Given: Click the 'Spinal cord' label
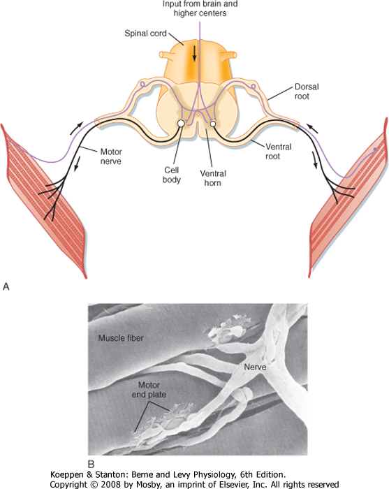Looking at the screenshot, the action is coord(145,33).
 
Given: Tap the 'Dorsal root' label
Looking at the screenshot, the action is coord(307,91).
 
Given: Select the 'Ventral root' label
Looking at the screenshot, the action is coord(278,152).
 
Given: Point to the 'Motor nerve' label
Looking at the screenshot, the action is coord(110,156).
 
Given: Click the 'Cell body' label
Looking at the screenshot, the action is coord(171,175).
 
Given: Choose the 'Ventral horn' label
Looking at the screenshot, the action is coord(213,177).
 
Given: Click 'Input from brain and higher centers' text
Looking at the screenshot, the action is coord(200,8).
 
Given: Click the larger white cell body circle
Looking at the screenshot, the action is coord(180,124).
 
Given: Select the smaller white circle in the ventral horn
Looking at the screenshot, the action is coord(213,124).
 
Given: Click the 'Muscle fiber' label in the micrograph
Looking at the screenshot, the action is coord(121,337).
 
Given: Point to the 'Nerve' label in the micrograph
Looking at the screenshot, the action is coord(255,367).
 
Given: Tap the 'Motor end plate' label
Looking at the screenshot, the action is coord(149,390).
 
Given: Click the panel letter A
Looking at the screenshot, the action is coord(6,286).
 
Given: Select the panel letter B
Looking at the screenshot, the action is coord(91,465).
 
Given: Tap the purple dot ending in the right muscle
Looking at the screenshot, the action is coord(375,149).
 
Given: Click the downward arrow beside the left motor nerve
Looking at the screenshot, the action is coord(76,163).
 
